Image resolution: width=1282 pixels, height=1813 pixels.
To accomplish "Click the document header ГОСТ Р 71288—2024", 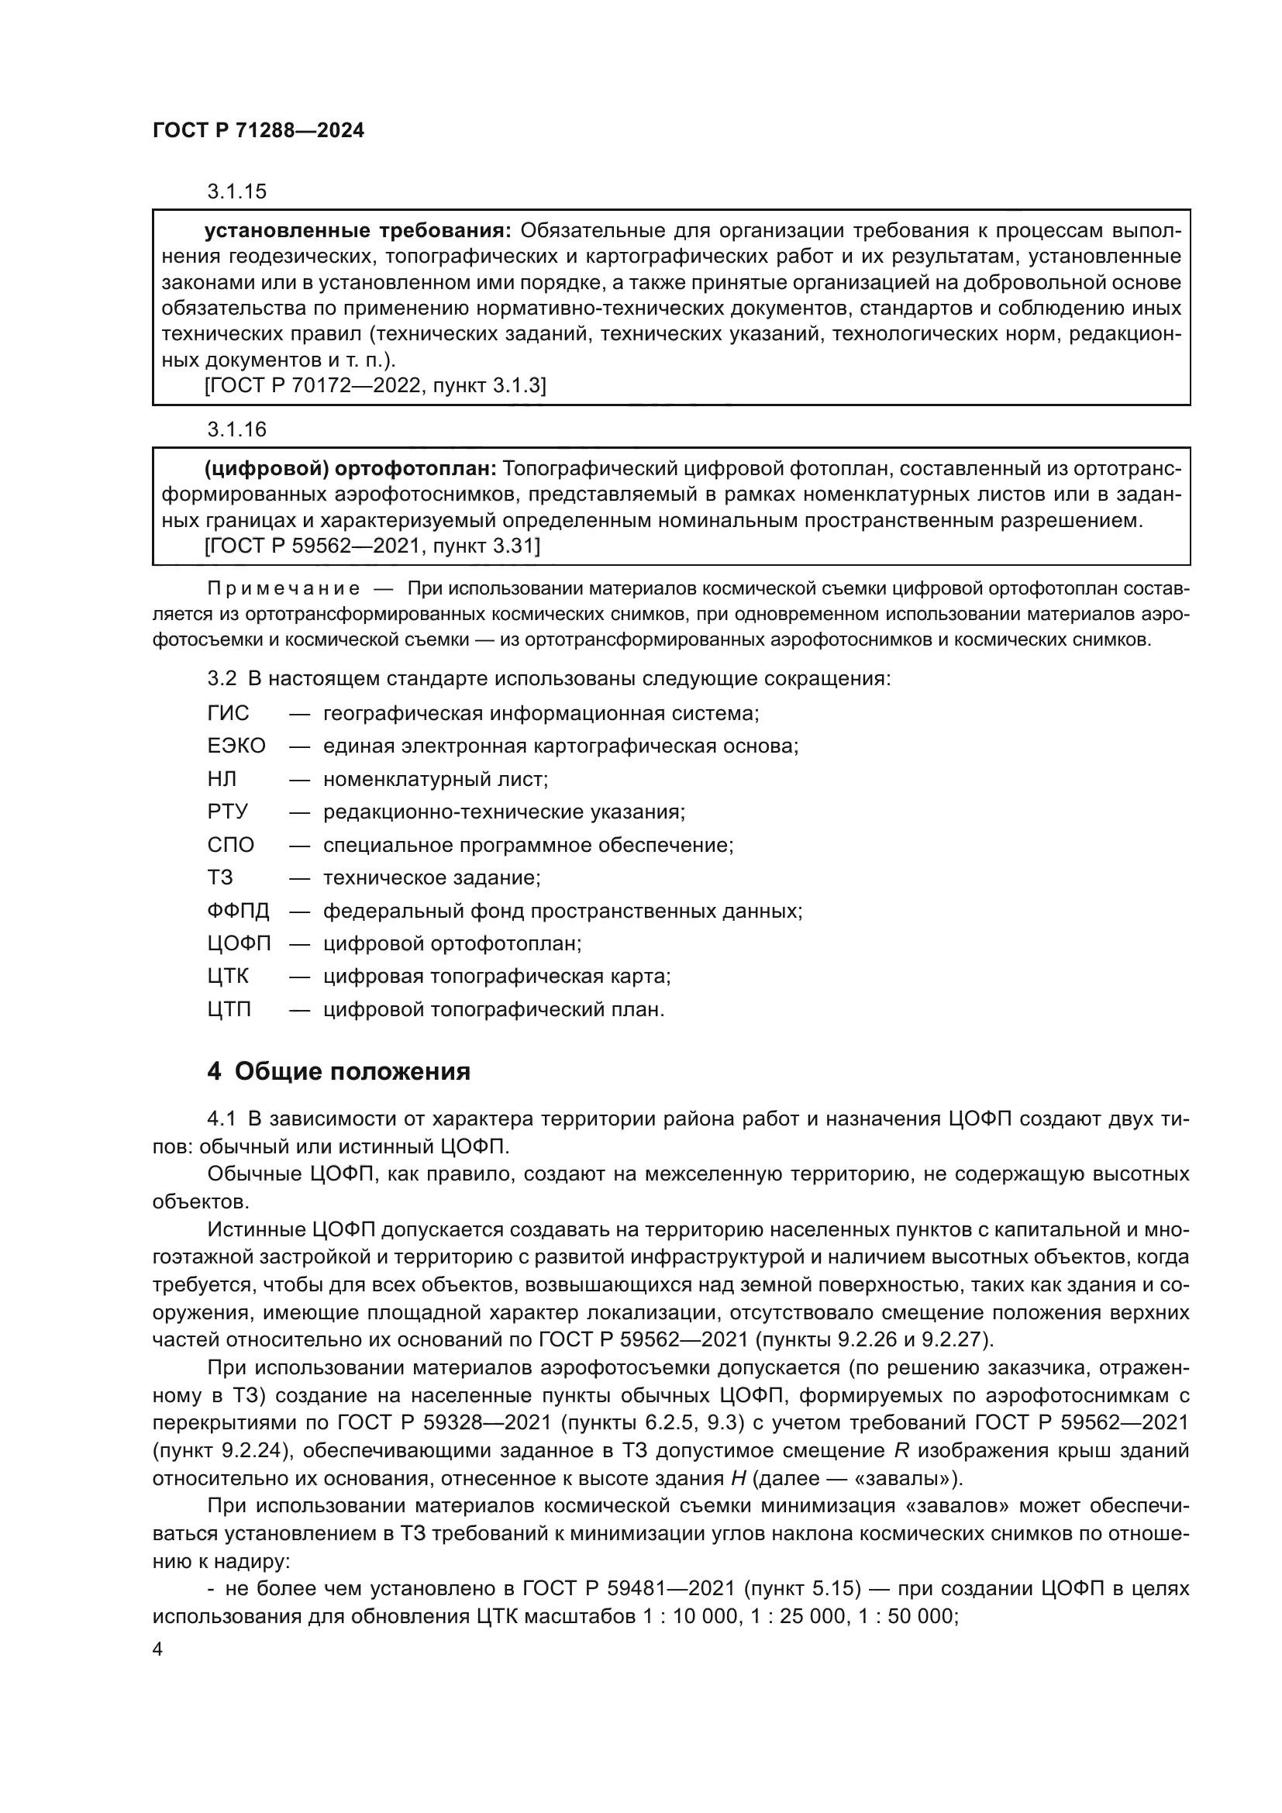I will point(258,131).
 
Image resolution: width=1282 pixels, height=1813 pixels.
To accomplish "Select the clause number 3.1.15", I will point(237,191).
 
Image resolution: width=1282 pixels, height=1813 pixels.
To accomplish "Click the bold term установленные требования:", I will point(358,230).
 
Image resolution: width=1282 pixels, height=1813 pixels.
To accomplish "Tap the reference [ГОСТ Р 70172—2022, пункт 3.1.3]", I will point(375,385).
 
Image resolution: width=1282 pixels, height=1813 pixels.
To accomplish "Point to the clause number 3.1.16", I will point(237,429).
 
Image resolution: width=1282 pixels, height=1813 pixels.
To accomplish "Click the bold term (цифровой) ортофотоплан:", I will point(350,469).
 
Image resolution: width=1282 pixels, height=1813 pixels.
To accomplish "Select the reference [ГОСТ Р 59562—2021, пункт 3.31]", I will point(372,546).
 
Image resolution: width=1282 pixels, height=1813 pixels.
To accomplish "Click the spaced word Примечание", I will point(284,588).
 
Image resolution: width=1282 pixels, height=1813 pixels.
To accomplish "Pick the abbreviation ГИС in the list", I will point(228,713).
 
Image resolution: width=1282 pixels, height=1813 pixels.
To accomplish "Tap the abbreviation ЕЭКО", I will point(236,746).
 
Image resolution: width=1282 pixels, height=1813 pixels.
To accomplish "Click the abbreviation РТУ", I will point(227,812).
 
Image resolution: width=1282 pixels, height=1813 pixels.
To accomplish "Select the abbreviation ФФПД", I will point(239,911).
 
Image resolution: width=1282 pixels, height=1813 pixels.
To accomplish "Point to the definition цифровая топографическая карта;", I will point(497,977).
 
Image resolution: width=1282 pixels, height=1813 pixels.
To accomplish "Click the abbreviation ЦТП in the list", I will point(229,1009).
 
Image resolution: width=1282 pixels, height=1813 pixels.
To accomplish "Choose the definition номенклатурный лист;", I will point(435,779).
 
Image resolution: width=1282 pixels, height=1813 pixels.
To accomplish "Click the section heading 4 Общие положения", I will point(338,1071).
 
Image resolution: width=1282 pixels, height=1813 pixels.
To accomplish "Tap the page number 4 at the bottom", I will point(157,1649).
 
